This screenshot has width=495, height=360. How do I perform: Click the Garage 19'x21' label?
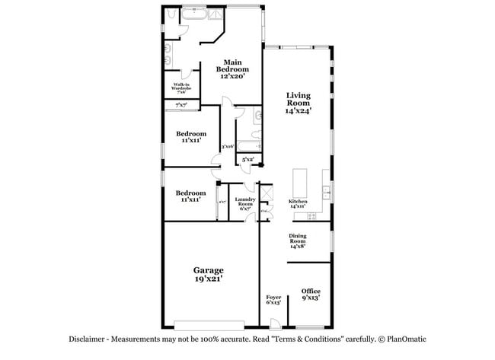[208, 275]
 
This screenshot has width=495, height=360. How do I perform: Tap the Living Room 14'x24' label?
[298, 103]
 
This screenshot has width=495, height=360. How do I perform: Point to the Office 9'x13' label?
[310, 295]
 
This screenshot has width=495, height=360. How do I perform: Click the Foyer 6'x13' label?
[273, 300]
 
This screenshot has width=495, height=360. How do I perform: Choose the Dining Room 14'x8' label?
[298, 241]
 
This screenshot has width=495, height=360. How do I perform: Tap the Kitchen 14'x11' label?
[297, 204]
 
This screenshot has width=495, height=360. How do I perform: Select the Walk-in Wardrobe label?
[181, 88]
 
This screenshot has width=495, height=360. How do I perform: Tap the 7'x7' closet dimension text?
[181, 105]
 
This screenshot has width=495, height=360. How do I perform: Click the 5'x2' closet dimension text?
[248, 160]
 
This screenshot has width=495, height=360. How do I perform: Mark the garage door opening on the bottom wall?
[209, 323]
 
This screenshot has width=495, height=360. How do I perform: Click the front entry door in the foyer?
[275, 324]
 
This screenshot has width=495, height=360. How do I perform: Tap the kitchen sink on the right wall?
[326, 189]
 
